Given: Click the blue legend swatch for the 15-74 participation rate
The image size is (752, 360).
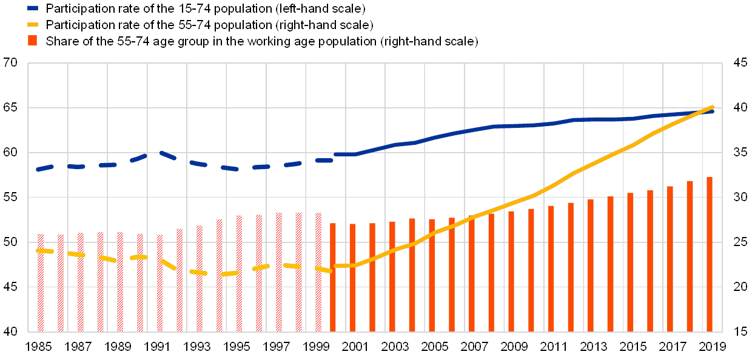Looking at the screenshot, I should point(33,8).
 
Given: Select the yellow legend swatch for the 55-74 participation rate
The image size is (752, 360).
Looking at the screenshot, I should point(33,25).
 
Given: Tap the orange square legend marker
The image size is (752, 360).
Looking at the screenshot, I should point(33,41).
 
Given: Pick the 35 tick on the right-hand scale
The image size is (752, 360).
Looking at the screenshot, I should point(740,152).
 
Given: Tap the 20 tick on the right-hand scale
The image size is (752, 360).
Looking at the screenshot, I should point(740,287).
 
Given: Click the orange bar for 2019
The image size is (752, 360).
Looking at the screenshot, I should point(710,255).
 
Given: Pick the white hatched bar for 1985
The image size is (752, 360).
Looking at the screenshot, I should point(41,282).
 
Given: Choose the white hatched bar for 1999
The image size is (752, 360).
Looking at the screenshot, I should point(318,272).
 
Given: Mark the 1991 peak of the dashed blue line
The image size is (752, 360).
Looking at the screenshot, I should point(160,153).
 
